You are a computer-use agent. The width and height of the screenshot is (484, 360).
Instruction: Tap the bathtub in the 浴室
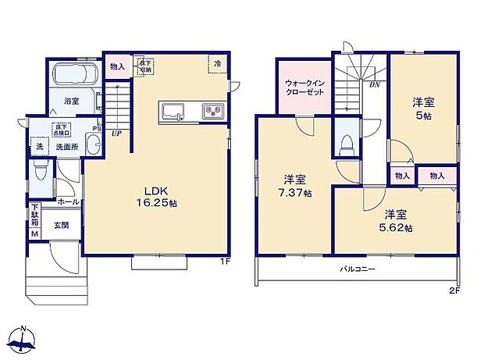73,77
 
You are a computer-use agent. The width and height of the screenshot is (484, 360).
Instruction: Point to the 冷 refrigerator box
218,62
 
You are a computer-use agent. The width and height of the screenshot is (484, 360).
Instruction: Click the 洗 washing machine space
39,147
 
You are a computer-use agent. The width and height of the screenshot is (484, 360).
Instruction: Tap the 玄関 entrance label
61,223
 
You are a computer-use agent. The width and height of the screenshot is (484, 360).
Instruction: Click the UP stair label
116,134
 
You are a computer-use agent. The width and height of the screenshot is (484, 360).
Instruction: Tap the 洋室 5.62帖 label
397,221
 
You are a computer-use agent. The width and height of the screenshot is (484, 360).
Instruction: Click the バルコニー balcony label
357,269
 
